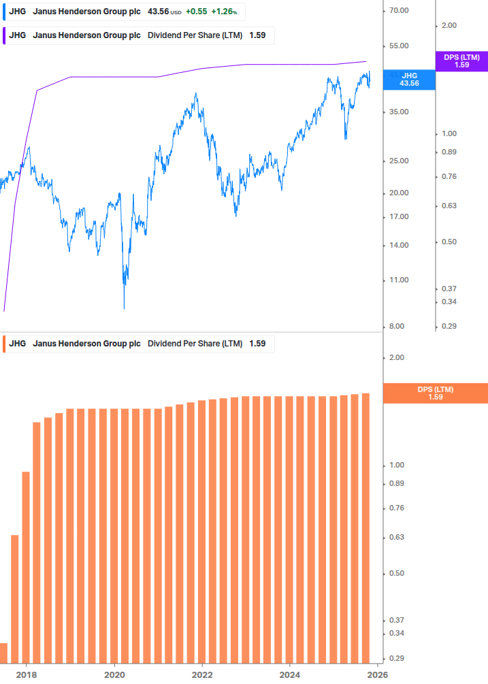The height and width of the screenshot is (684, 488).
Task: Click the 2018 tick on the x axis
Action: tap(27, 674)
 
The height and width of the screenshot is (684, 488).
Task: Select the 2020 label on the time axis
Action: tap(114, 674)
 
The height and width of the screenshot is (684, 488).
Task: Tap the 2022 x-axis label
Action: tap(202, 674)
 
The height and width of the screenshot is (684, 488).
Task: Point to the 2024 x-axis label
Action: tap(290, 674)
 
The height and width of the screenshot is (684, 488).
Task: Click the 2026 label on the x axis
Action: tap(378, 674)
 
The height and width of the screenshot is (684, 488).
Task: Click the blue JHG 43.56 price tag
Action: tap(409, 80)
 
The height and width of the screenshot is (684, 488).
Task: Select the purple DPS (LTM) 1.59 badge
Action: tap(461, 61)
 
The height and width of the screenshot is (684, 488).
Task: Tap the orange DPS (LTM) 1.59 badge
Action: tap(436, 393)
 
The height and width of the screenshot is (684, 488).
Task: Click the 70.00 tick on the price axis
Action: tap(397, 11)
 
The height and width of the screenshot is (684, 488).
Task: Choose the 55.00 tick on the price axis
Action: tap(397, 46)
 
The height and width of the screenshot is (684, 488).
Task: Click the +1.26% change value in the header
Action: tap(224, 12)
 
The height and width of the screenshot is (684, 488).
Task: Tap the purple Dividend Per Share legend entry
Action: tap(136, 35)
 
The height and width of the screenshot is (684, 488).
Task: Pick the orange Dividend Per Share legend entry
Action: tap(136, 344)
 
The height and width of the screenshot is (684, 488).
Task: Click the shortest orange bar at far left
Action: tap(3, 653)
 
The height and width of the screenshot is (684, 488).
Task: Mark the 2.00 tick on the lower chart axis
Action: tap(397, 358)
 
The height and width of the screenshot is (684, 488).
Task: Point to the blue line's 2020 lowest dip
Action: tap(124, 307)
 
